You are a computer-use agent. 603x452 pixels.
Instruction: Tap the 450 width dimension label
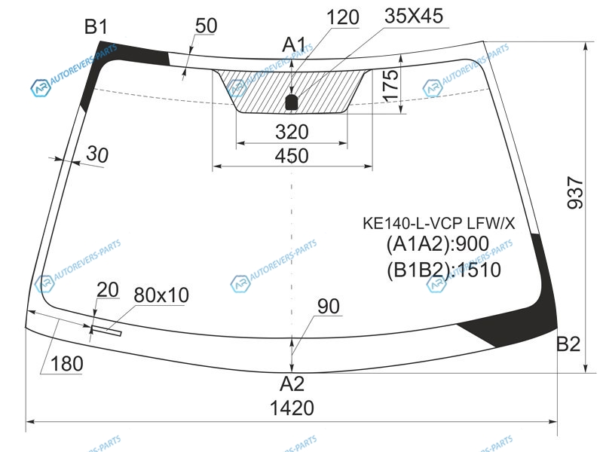click(x=292, y=156)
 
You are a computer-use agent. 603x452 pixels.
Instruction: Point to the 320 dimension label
click(x=292, y=132)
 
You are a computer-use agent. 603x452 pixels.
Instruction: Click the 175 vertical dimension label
click(x=389, y=85)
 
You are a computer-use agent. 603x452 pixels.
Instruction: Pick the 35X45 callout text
click(x=414, y=16)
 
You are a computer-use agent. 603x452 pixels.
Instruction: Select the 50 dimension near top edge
click(x=205, y=26)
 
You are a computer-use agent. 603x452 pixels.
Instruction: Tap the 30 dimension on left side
click(x=96, y=154)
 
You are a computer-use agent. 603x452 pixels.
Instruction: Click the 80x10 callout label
click(x=161, y=294)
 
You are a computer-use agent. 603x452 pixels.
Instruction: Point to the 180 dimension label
click(x=67, y=363)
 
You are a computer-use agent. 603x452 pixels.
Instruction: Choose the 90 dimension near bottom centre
click(x=329, y=306)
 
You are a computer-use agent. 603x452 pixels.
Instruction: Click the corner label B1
click(x=96, y=28)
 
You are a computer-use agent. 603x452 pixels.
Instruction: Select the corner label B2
click(x=568, y=344)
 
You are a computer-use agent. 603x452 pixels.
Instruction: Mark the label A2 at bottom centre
click(x=292, y=384)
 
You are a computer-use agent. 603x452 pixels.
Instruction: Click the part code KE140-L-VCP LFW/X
click(x=439, y=223)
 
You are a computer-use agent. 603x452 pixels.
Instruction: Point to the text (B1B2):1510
click(x=443, y=269)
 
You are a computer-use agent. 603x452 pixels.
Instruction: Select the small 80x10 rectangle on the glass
click(x=106, y=328)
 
